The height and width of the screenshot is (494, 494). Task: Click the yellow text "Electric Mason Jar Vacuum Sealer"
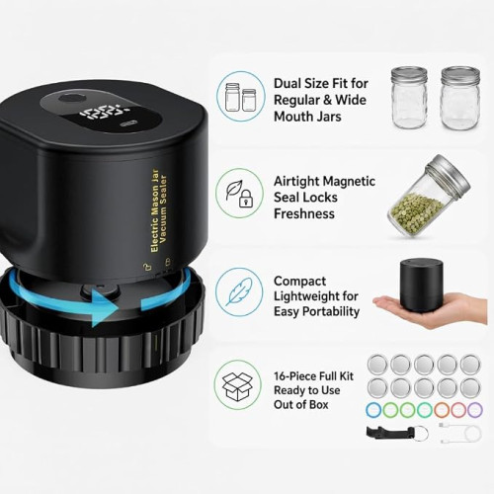coord(159,210)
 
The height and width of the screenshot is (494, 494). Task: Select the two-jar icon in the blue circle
coord(240,97)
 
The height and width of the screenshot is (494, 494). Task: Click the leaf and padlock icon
coord(239,194)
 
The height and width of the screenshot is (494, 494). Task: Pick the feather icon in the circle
coord(239,291)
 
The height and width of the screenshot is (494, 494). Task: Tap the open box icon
coord(237,386)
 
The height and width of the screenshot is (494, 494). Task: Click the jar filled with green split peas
coord(429,197)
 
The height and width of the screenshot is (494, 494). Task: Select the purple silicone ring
coord(474,410)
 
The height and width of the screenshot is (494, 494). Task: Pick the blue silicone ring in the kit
coord(373,410)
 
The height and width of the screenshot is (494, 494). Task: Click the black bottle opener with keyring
coord(397,432)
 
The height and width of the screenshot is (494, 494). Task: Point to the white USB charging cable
coord(460,432)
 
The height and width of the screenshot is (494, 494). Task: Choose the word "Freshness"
coord(304,214)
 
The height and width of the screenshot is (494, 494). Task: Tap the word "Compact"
coord(299,282)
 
